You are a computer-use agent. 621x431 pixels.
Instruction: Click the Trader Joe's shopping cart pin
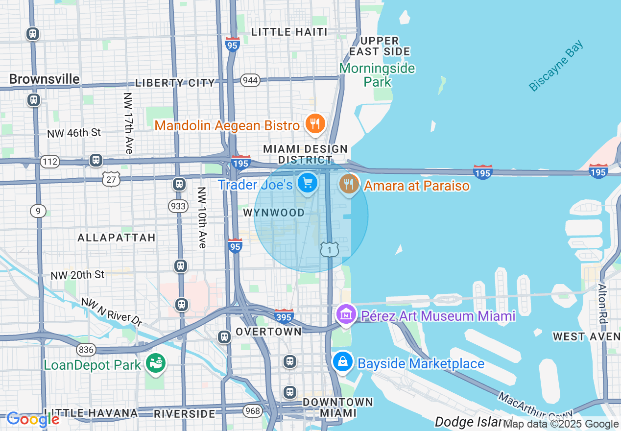click(x=307, y=184)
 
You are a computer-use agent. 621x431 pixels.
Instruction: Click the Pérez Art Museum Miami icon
click(x=346, y=314)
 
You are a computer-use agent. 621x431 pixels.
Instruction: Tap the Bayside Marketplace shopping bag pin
click(x=343, y=362)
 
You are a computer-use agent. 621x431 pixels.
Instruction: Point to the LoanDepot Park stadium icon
click(x=156, y=364)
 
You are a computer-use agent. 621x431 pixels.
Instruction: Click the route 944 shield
click(x=250, y=80)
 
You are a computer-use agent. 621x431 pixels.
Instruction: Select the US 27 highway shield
click(x=111, y=179)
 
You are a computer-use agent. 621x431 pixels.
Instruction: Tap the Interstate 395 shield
click(x=284, y=316)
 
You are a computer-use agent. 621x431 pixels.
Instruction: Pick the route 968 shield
click(x=252, y=410)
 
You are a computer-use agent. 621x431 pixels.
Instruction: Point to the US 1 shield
click(x=330, y=250)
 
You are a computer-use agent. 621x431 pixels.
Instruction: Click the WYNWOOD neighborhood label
click(x=274, y=213)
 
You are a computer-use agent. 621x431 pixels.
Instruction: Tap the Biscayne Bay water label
click(x=556, y=66)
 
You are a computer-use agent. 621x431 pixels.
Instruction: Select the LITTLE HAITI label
click(x=289, y=32)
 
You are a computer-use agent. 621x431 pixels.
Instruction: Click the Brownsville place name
click(x=44, y=79)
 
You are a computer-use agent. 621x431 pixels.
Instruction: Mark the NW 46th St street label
click(x=74, y=133)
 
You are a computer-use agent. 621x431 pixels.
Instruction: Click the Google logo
click(x=33, y=419)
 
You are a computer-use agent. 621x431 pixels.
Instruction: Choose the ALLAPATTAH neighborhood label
click(x=117, y=238)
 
